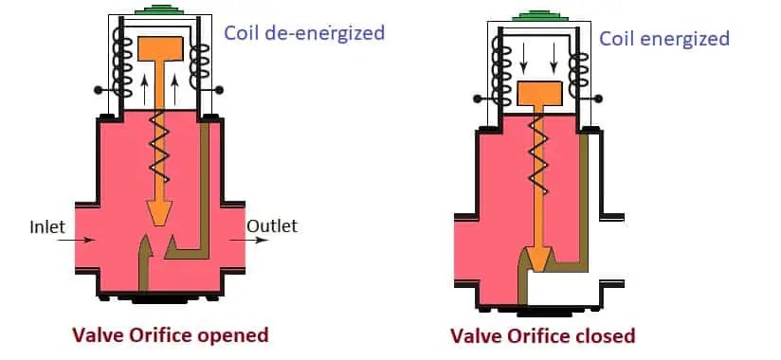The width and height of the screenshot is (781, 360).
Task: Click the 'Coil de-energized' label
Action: [303, 33]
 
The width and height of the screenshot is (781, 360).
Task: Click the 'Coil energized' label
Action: [663, 38]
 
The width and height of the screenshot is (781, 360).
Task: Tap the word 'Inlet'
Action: [47, 227]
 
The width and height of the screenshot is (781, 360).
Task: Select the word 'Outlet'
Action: [272, 225]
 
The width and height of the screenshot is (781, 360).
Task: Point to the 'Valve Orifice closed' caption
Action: [542, 335]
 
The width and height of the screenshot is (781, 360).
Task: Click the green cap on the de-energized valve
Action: [158, 12]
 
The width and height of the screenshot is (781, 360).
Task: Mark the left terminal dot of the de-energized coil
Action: [97, 90]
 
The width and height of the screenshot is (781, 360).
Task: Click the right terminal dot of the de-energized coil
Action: [220, 90]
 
